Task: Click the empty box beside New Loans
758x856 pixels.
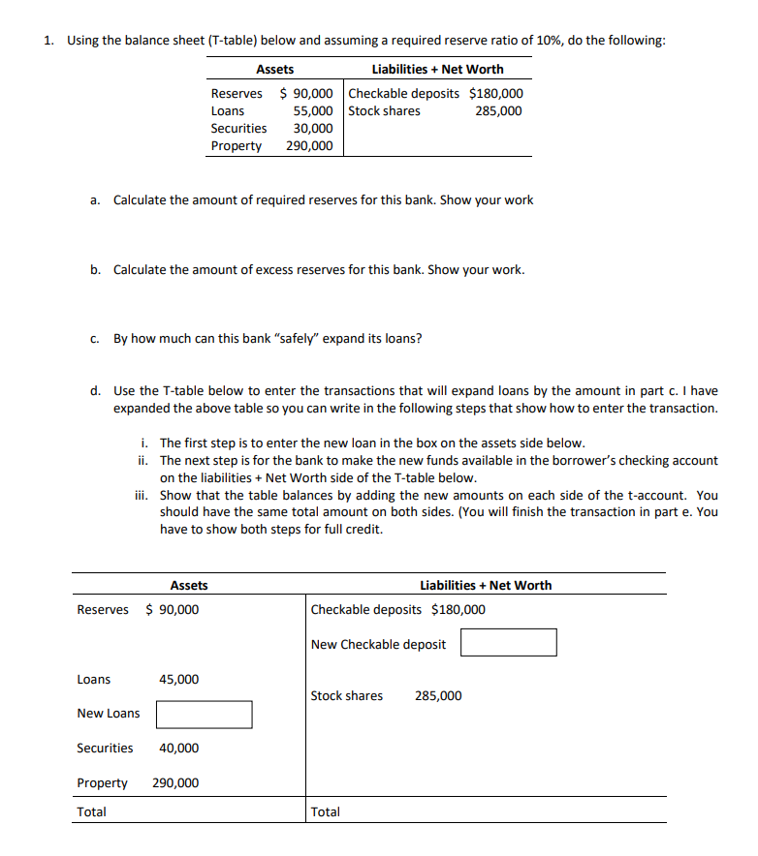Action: tap(204, 715)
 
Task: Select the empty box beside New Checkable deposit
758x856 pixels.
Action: tap(508, 643)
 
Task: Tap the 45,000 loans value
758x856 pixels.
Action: tap(179, 680)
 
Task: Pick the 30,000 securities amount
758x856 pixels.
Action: tap(313, 129)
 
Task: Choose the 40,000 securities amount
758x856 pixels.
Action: tap(179, 749)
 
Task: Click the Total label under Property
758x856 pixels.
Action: tap(92, 811)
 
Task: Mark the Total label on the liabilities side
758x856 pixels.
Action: tap(326, 811)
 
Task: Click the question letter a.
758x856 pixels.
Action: tap(95, 200)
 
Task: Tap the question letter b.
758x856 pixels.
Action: tap(95, 269)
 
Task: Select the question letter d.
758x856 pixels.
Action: tap(95, 391)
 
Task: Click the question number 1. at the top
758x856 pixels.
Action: tap(48, 41)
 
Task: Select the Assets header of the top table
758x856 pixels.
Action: tap(274, 70)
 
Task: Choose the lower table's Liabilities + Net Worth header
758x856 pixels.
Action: tap(486, 585)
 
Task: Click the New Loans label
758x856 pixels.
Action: tap(108, 714)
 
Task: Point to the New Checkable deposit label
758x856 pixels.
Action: tap(379, 644)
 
